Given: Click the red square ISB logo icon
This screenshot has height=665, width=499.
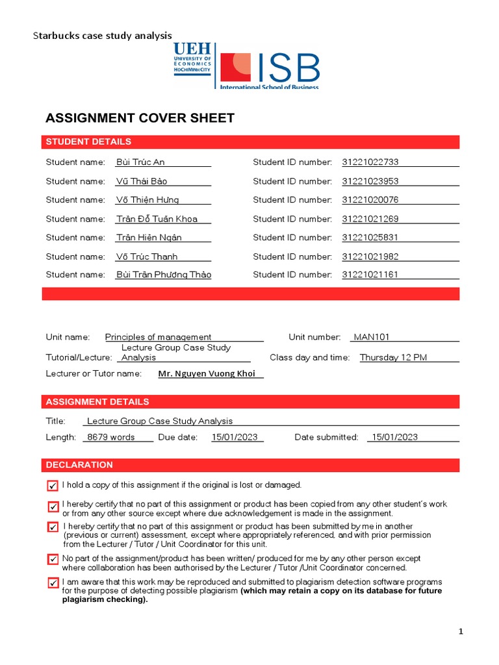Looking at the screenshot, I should click(x=235, y=68).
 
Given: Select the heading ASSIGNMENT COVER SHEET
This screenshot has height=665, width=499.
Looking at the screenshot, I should click(x=140, y=118).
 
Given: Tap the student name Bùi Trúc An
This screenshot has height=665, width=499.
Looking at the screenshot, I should click(x=140, y=162).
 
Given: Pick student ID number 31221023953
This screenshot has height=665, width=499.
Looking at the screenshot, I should click(x=370, y=181).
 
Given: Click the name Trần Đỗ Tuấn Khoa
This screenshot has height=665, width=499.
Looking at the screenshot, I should click(x=157, y=219).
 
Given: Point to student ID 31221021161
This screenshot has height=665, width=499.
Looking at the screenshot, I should click(x=370, y=275).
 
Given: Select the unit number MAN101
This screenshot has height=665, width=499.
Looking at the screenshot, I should click(x=371, y=337).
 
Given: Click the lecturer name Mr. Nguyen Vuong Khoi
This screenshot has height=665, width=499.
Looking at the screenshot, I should click(x=207, y=373).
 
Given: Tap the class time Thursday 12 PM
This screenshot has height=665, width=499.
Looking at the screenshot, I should click(x=393, y=357).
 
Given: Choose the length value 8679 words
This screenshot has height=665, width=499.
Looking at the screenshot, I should click(x=111, y=437).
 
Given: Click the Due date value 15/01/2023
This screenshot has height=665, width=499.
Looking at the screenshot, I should click(x=237, y=437).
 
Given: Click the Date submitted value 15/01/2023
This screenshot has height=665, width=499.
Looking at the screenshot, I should click(x=392, y=437).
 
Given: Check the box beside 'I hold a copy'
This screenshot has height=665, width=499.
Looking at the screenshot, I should click(x=53, y=486).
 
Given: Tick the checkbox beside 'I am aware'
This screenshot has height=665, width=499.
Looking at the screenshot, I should click(x=53, y=583).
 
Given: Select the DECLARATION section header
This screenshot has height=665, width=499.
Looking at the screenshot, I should click(x=79, y=465).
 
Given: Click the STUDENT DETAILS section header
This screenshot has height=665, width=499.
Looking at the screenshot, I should click(x=88, y=142).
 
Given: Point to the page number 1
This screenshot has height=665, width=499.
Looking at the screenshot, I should click(x=461, y=631).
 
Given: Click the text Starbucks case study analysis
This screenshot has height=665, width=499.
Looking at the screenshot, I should click(x=103, y=36).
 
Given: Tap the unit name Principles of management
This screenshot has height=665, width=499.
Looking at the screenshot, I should click(x=158, y=337).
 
